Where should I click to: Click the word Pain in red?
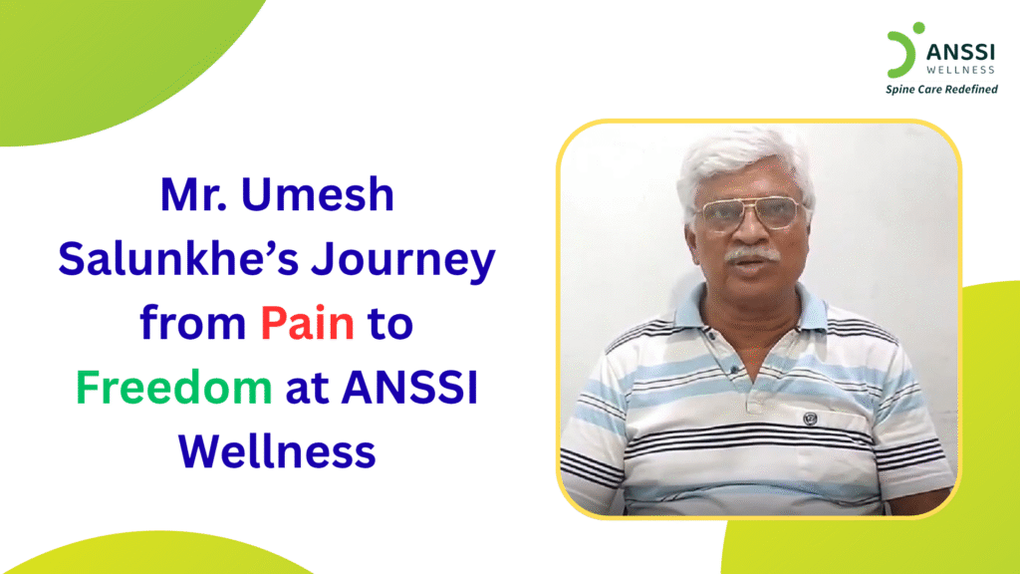pyautogui.click(x=308, y=325)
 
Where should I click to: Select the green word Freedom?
pyautogui.click(x=175, y=389)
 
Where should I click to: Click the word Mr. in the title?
pyautogui.click(x=193, y=195)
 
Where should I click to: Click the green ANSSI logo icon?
pyautogui.click(x=900, y=52)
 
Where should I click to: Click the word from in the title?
pyautogui.click(x=191, y=325)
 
